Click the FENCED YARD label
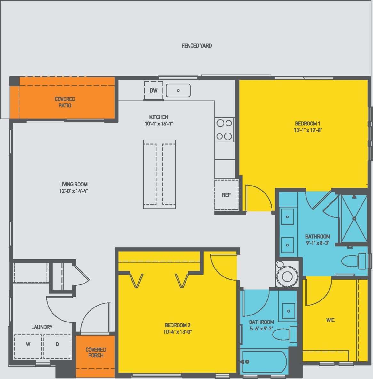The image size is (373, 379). pos(196,46)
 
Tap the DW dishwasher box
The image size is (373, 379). pos(154,90)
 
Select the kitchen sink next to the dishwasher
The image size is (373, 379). pos(178,90)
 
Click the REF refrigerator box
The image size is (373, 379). pos(226,194)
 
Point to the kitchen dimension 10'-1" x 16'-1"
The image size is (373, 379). pos(159,124)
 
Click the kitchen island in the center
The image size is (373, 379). pos(159,174)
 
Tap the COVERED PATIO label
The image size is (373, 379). pos(65,102)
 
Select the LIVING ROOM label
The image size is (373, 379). pos(73,184)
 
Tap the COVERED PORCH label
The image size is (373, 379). pos(96,352)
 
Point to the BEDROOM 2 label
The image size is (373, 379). pos(178,325)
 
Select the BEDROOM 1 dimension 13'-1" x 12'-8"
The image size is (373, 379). pos(307,130)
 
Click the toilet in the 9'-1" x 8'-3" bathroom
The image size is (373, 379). pos(353,261)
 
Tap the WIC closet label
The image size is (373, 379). pos(330,320)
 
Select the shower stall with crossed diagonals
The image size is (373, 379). pos(354,219)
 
